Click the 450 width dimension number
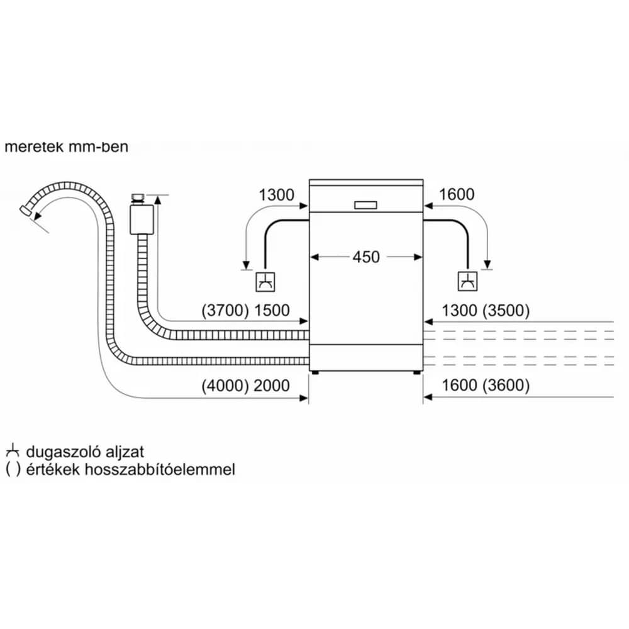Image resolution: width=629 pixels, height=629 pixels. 366,257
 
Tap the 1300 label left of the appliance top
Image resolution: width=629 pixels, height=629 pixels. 276,195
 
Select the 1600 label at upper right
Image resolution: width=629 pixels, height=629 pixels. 457,194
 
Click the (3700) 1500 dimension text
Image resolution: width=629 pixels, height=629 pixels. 245,311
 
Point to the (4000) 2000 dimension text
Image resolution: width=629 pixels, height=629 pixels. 245,386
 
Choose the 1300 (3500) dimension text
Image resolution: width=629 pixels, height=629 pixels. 486,311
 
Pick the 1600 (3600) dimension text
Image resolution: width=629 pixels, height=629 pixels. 486,385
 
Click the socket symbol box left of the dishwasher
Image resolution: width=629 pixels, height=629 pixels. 265,282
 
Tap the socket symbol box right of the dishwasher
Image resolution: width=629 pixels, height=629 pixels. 468,281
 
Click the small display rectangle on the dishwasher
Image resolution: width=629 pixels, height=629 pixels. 366,205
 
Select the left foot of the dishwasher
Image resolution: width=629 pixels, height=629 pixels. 315,372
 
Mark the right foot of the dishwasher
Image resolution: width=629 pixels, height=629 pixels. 417,372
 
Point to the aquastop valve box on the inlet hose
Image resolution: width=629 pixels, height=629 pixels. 142,220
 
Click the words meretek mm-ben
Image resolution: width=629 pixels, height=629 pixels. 67,147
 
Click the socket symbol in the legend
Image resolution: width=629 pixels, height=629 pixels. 13,451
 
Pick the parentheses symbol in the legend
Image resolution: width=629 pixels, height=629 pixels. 13,469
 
